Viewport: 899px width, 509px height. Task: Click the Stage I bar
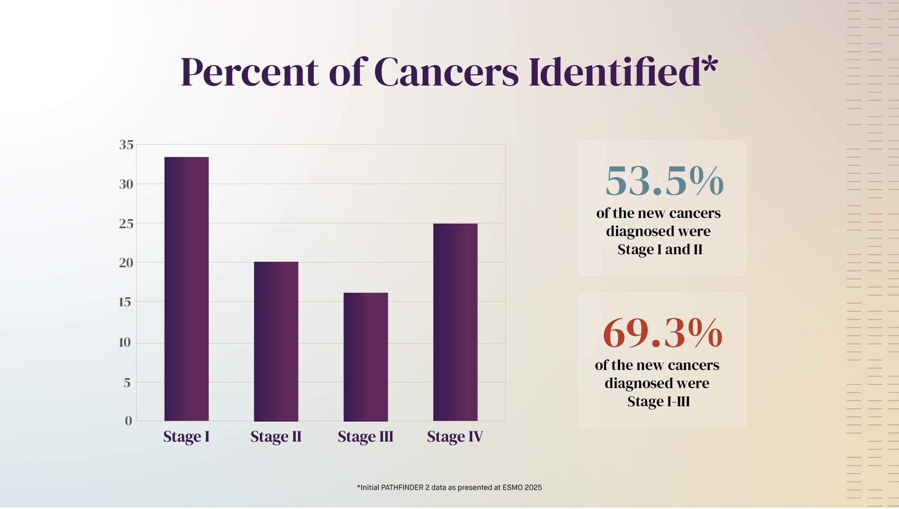(186, 289)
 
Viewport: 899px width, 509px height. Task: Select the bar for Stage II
(276, 341)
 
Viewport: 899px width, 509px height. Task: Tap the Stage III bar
(365, 357)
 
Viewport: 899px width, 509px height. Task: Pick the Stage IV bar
(455, 322)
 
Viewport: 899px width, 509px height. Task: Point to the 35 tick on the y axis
(126, 145)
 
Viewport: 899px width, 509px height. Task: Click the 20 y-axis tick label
(126, 263)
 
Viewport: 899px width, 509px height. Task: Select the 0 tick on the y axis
(128, 421)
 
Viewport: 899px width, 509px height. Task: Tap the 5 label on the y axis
(127, 383)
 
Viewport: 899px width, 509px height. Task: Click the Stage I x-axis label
(186, 437)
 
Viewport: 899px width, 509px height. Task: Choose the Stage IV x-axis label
(455, 437)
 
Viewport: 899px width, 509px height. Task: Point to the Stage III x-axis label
(365, 437)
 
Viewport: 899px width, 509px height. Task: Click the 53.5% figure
(664, 181)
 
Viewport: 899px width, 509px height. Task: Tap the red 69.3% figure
(662, 333)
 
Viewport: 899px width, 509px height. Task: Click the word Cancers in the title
(446, 73)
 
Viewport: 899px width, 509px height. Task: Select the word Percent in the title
(249, 73)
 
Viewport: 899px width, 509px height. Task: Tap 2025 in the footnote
(533, 488)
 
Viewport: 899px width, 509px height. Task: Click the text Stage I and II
(660, 250)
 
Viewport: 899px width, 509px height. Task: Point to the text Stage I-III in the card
(658, 402)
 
